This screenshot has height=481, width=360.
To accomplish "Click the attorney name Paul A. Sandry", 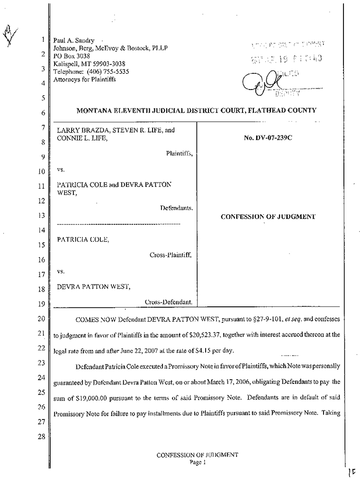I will tap(70, 41).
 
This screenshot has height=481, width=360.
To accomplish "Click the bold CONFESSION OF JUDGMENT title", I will tap(268, 217).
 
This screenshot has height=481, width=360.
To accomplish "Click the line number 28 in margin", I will tap(41, 436).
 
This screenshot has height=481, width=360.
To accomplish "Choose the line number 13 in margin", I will tap(41, 215).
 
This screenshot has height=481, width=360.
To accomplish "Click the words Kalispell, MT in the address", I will tap(72, 63).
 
